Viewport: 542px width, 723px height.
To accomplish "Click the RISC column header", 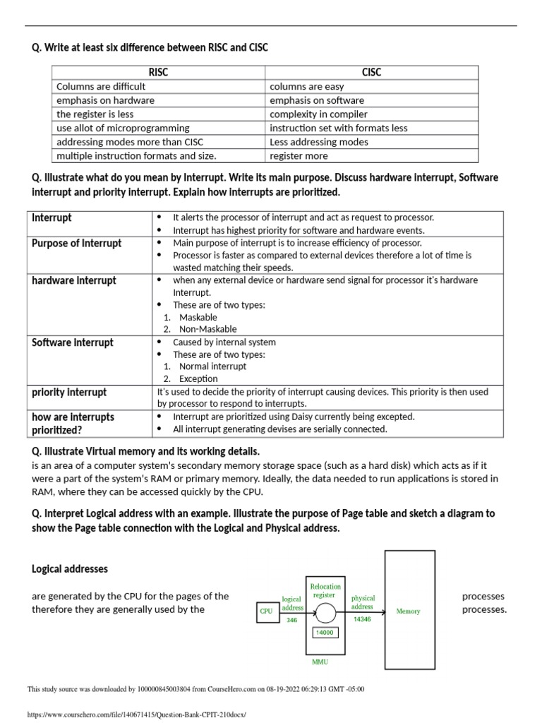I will (158, 72).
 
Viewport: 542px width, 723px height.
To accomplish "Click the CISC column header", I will (371, 72).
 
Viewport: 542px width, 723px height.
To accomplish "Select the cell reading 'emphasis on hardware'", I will (105, 100).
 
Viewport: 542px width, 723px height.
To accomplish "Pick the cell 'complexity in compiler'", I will (318, 114).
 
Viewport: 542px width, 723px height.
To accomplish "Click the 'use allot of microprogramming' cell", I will (123, 128).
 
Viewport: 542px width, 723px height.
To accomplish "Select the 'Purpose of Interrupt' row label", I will (77, 244).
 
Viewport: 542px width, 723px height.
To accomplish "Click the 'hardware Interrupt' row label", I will (73, 280).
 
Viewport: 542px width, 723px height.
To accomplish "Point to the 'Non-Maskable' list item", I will (208, 329).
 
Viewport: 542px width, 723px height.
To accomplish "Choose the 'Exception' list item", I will (198, 378).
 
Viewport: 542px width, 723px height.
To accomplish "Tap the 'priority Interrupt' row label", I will (69, 392).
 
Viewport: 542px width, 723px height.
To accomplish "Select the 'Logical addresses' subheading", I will (70, 569).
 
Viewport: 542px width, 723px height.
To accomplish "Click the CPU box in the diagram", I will (266, 611).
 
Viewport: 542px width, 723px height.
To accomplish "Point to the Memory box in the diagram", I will (409, 611).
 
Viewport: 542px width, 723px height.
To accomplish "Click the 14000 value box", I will (325, 633).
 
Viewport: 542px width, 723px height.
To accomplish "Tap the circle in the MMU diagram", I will (325, 611).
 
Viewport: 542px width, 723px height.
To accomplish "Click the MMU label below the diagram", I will (320, 662).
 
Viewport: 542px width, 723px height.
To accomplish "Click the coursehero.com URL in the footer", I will (136, 714).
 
